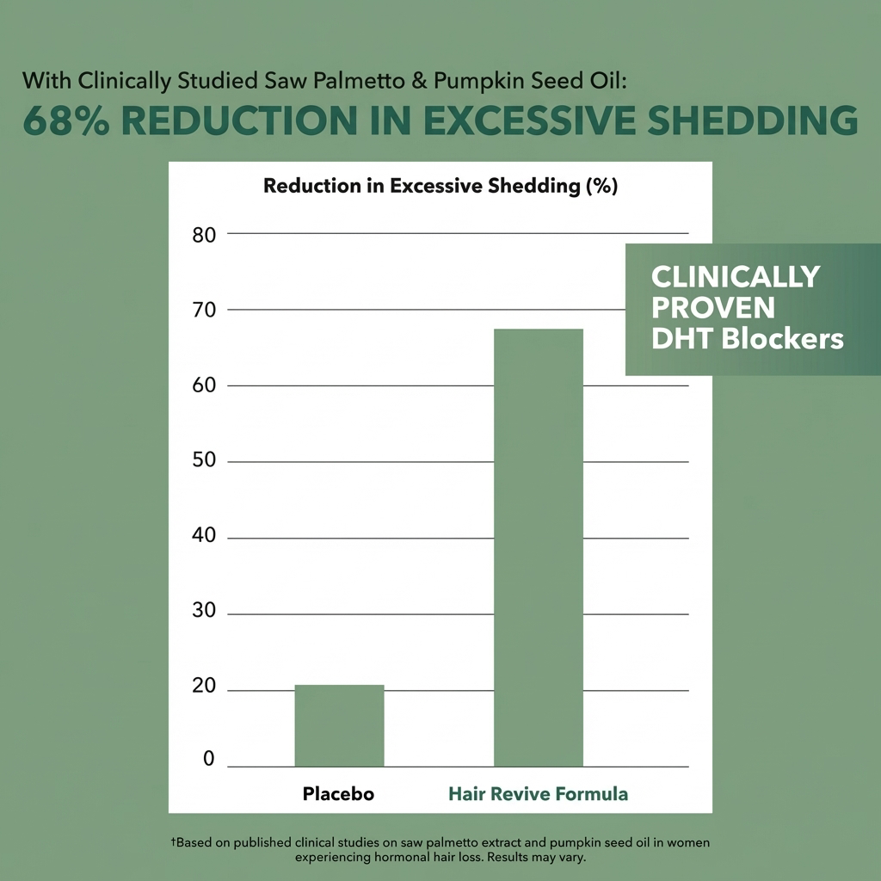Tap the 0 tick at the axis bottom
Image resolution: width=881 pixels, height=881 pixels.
[209, 759]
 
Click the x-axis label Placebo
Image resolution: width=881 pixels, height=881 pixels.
[338, 794]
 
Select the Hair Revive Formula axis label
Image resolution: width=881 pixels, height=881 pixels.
[538, 794]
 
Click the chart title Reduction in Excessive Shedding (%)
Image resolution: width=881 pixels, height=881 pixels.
[440, 186]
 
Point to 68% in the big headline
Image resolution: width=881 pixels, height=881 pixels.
[67, 121]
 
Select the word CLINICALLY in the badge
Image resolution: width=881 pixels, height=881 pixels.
[736, 276]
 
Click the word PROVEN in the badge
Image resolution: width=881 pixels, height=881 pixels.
[713, 307]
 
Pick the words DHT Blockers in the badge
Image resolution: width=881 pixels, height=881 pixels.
[747, 338]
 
